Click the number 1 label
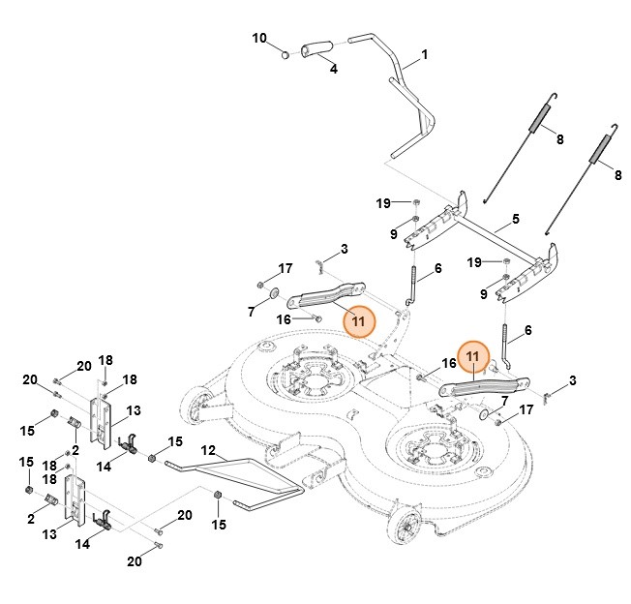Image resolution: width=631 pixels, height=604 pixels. click(x=423, y=55)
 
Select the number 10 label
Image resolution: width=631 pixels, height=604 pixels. click(x=259, y=38)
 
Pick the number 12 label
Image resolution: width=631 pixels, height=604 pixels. click(x=207, y=450)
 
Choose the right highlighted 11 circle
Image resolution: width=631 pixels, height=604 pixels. click(x=473, y=357)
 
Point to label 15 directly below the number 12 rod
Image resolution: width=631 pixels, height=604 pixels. click(x=219, y=524)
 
